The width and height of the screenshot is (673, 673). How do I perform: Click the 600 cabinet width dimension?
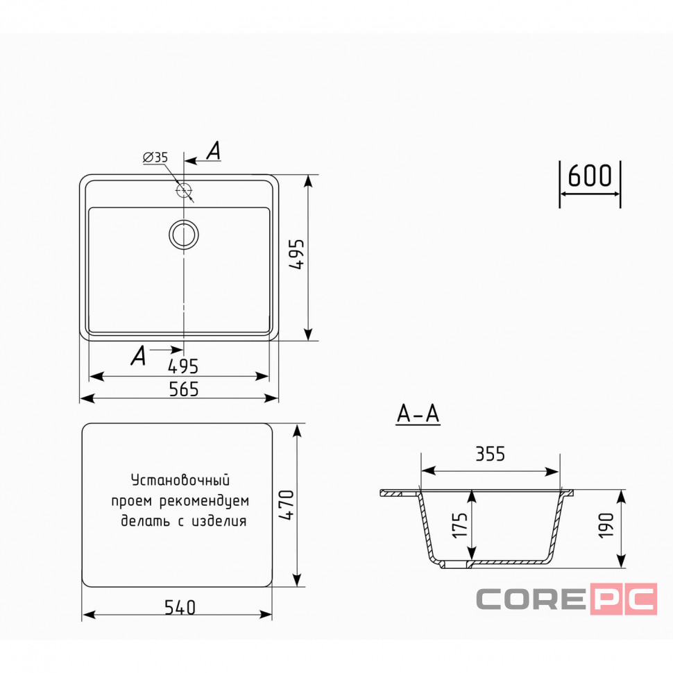590,176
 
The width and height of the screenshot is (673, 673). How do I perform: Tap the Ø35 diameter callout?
155,157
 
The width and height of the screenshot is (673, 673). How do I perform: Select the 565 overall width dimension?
184,389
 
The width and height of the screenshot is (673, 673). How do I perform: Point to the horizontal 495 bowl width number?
183,366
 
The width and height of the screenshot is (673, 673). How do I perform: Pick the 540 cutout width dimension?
180,607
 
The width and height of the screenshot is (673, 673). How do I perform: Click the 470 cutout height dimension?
287,505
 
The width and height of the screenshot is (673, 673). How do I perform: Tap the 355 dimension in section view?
490,454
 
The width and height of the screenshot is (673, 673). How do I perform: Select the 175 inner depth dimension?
460,525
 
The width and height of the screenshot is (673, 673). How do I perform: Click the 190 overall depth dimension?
606,525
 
